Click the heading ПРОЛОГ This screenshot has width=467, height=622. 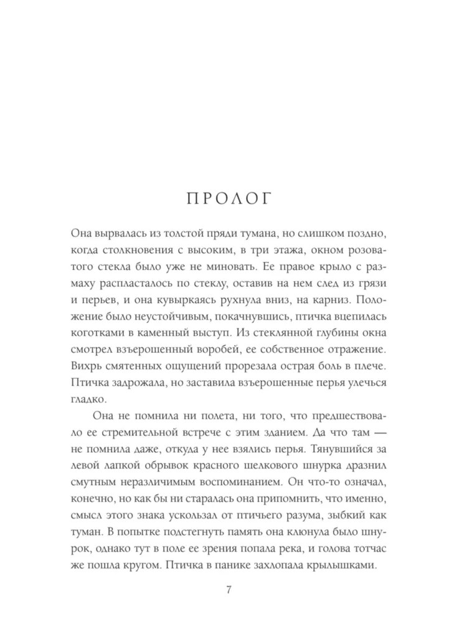click(233, 198)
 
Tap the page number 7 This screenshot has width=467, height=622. click(233, 590)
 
